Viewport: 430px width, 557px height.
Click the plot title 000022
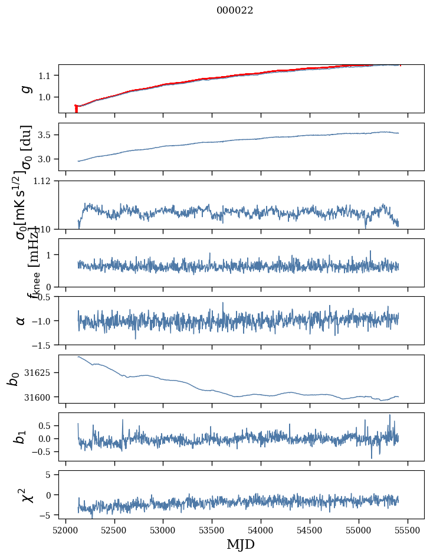coord(235,10)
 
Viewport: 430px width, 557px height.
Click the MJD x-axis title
coord(241,545)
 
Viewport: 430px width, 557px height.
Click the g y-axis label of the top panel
coord(25,89)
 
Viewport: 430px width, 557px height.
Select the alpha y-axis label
coord(21,320)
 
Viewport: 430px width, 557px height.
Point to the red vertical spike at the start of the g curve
coord(76,109)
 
